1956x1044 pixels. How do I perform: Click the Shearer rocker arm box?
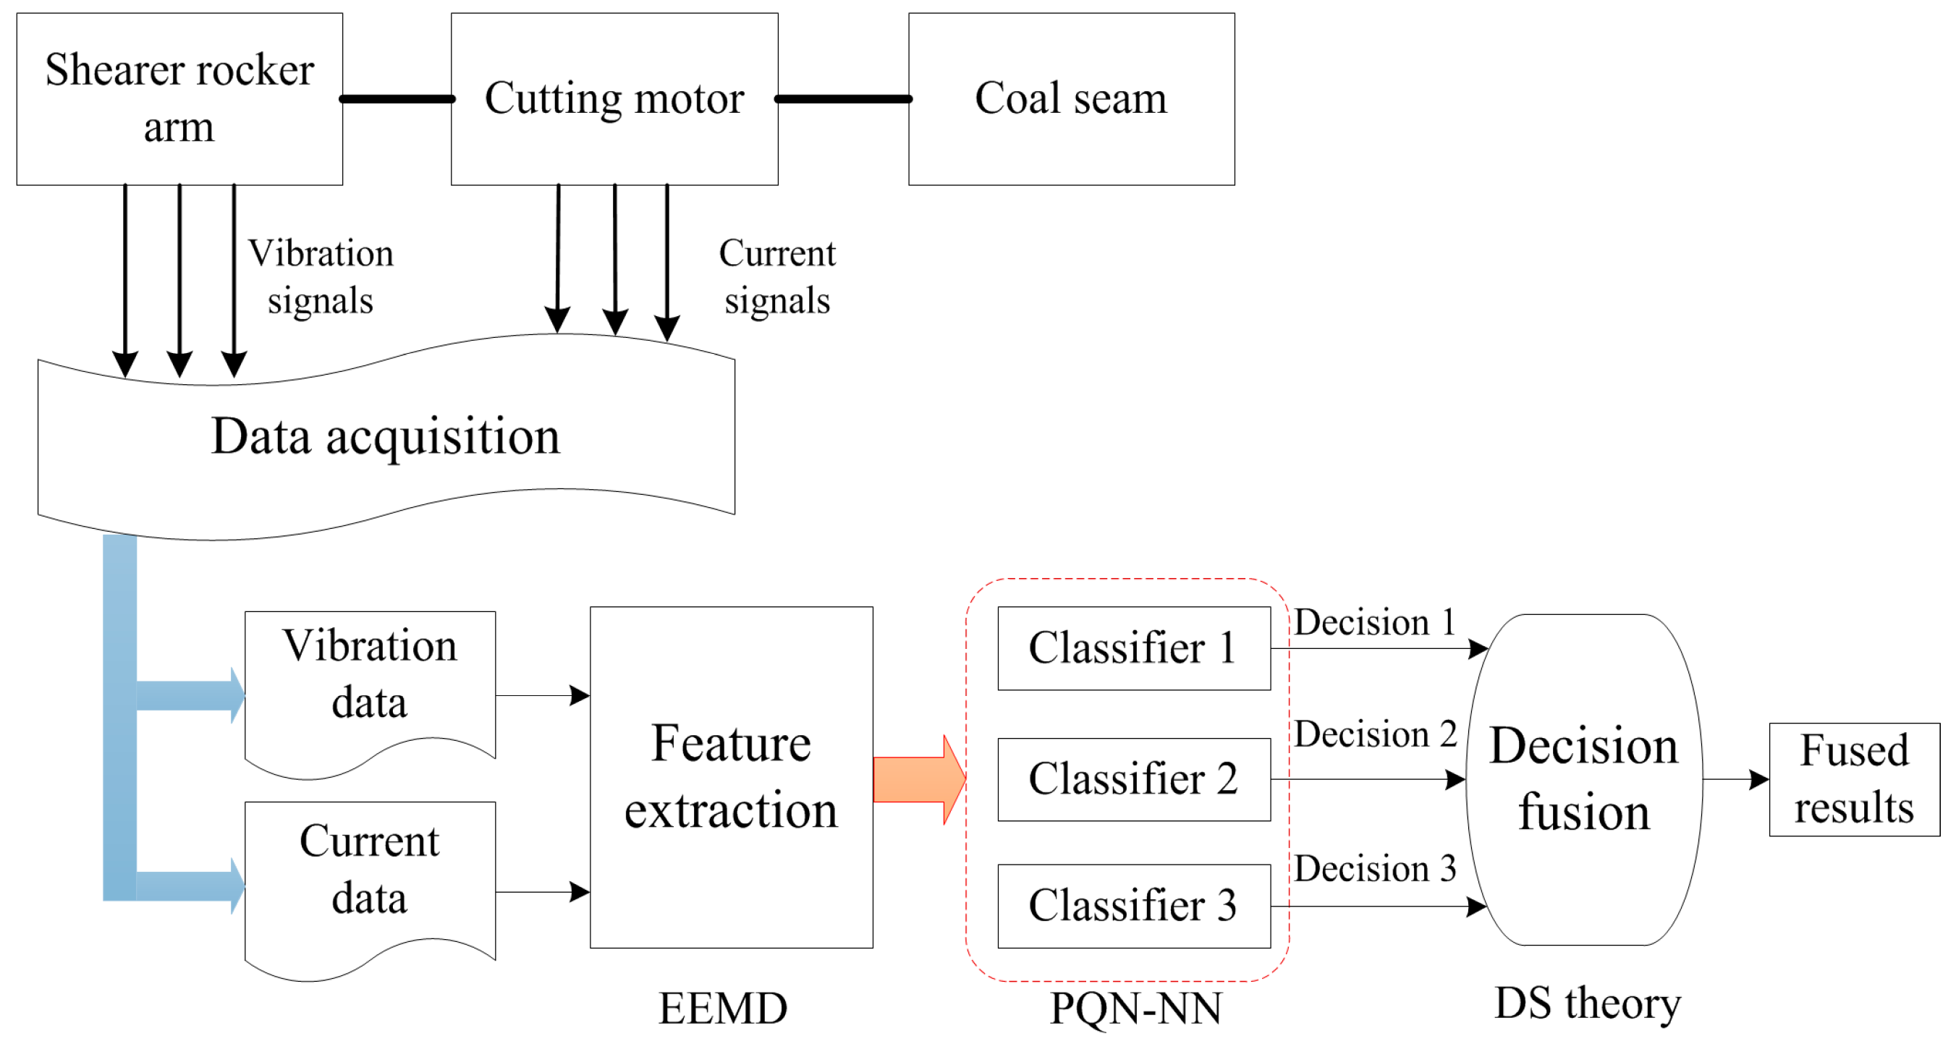point(179,98)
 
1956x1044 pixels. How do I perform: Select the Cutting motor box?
point(614,98)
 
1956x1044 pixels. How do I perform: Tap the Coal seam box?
point(1072,98)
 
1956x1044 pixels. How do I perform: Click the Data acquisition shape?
point(386,437)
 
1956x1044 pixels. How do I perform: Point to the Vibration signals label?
point(321,276)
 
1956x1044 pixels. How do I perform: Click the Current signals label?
point(776,276)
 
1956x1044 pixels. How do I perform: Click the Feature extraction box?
point(731,777)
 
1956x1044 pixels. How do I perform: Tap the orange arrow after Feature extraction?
point(920,779)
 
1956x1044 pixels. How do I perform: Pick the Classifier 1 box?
point(1134,648)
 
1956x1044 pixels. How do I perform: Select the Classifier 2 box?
point(1134,779)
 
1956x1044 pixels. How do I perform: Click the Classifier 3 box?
point(1134,906)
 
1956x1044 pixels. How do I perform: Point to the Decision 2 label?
point(1375,734)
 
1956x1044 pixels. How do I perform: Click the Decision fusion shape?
point(1584,779)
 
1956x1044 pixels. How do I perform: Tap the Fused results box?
point(1854,779)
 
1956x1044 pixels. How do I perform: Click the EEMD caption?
point(723,1009)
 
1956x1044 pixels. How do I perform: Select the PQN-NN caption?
point(1136,1009)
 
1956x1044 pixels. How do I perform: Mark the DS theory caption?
point(1588,1003)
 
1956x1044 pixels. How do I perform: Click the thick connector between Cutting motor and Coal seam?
point(844,98)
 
